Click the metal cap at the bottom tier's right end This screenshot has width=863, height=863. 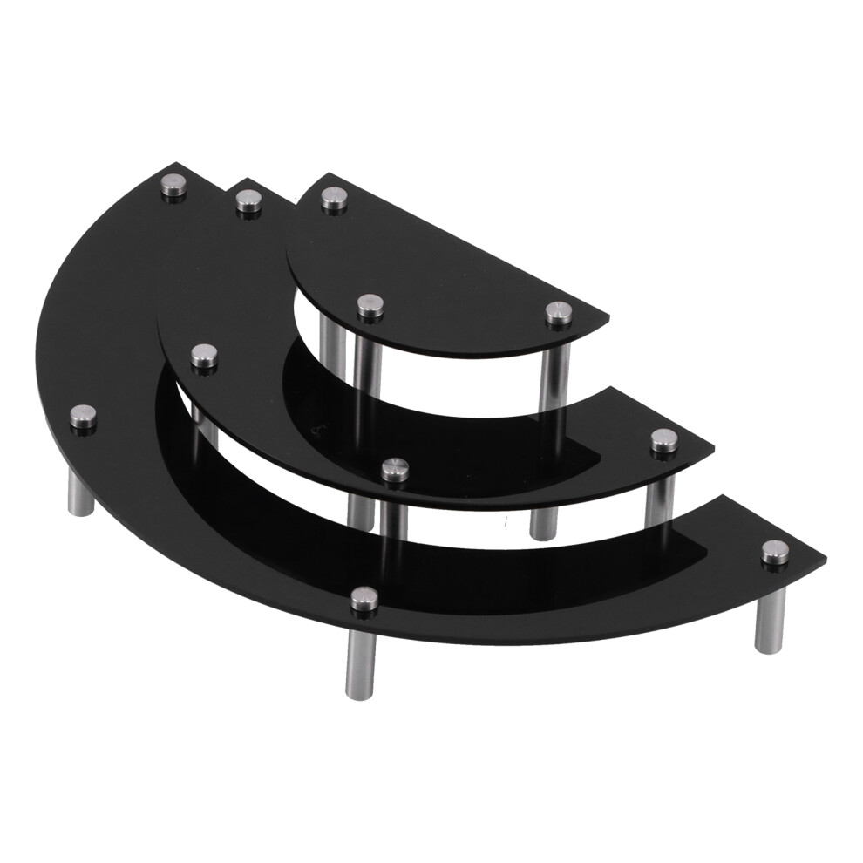774,551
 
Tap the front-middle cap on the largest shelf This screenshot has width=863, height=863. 364,599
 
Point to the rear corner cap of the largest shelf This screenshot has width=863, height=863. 174,187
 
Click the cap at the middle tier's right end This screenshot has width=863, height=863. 664,441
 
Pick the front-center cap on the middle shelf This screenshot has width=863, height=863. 396,468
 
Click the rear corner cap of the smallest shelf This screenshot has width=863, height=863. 333,198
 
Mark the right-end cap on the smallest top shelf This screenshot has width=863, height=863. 559,312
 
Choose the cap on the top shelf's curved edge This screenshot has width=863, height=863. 370,305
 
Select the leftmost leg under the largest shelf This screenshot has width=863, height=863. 80,488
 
